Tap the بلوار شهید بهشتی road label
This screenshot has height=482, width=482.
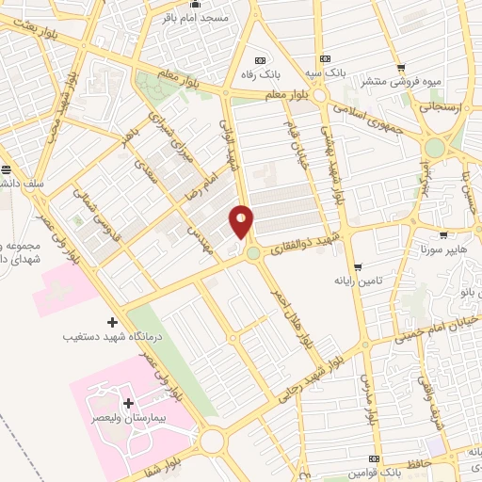(x=333, y=166)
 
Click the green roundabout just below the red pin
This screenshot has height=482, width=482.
(x=253, y=252)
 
